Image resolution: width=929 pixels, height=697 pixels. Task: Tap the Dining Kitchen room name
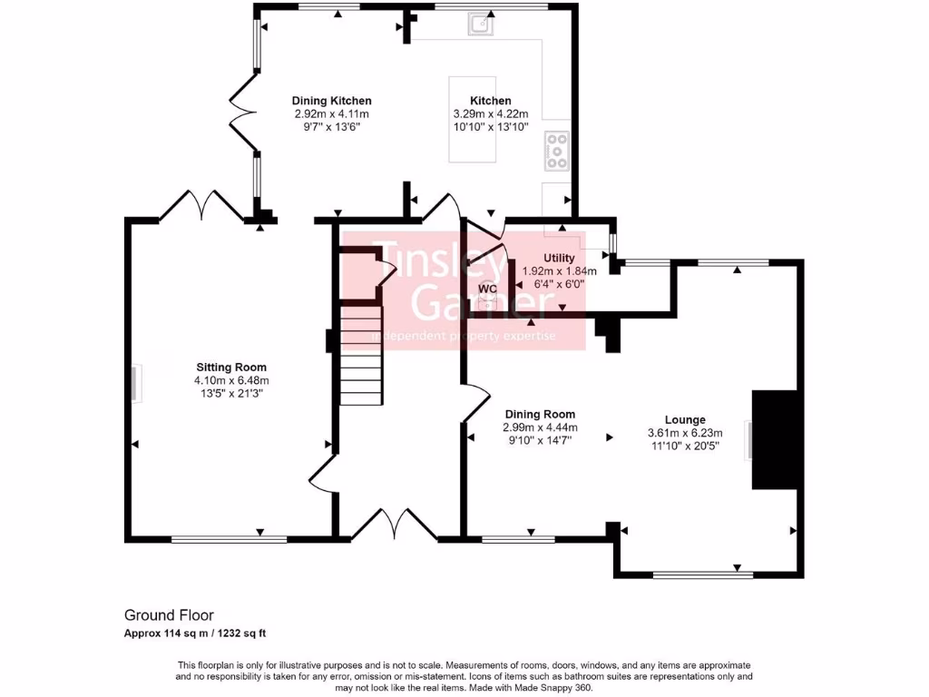tap(331, 101)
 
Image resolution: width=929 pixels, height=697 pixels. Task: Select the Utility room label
tap(559, 259)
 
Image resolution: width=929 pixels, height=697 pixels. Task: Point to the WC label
tap(488, 289)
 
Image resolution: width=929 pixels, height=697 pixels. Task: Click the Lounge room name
tap(685, 420)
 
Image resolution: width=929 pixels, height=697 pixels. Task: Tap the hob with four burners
tap(555, 151)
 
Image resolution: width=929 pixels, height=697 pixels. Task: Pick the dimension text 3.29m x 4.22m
tap(490, 114)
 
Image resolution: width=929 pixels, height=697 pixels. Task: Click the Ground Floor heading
tap(169, 615)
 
